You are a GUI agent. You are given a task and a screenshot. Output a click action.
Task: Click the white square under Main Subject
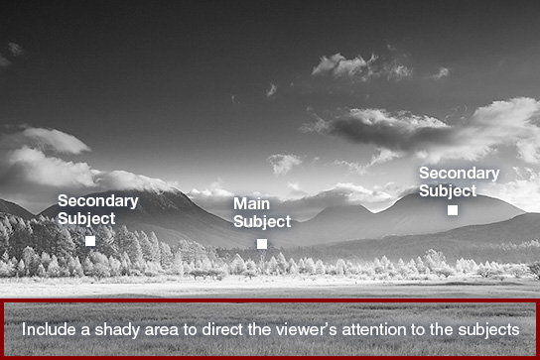point(262,244)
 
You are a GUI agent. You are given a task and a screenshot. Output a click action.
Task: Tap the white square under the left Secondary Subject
point(90,241)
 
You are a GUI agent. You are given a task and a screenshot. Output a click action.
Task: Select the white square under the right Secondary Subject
point(453,210)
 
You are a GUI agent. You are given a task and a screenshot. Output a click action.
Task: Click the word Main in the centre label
point(251,203)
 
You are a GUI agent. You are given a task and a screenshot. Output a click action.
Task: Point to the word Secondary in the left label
point(98,201)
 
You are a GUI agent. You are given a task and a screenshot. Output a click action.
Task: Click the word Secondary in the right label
point(459,174)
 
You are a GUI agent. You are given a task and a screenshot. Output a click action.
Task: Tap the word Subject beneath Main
point(262,222)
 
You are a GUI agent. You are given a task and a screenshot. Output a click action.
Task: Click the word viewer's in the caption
point(303,329)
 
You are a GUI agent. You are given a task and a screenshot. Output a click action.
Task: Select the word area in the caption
point(162,331)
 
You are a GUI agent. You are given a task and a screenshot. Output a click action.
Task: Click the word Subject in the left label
point(86,219)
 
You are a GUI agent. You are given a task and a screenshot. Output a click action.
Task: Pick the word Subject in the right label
point(448,191)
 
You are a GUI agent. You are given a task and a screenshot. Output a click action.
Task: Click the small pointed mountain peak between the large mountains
point(360,205)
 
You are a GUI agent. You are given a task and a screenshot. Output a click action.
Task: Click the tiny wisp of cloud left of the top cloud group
point(271,90)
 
